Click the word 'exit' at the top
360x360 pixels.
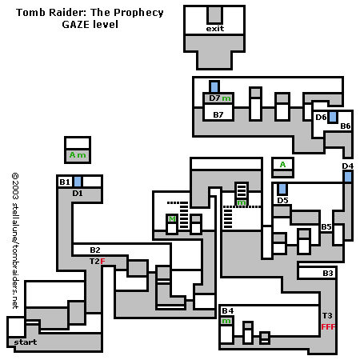[x=215, y=29]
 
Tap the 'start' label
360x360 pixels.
[x=26, y=342]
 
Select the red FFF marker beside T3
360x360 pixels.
[x=328, y=327]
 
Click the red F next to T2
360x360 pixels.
[x=102, y=262]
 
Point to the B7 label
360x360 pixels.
[x=218, y=115]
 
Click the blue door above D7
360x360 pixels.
[x=214, y=87]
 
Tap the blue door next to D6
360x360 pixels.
[x=333, y=117]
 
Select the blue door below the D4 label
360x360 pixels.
[x=348, y=177]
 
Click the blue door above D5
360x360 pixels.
[x=282, y=189]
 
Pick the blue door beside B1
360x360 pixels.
[x=78, y=182]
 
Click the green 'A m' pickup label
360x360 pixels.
[x=78, y=155]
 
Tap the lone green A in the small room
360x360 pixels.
[x=282, y=165]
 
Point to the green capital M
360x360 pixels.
[x=172, y=219]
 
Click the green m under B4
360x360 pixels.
[x=226, y=321]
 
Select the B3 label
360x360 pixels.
[x=328, y=274]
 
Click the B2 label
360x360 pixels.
[x=95, y=250]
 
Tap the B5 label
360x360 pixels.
[x=326, y=227]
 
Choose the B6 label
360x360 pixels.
[x=346, y=126]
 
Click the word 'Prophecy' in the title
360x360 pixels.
[x=138, y=13]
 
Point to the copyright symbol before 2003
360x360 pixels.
[x=15, y=176]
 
